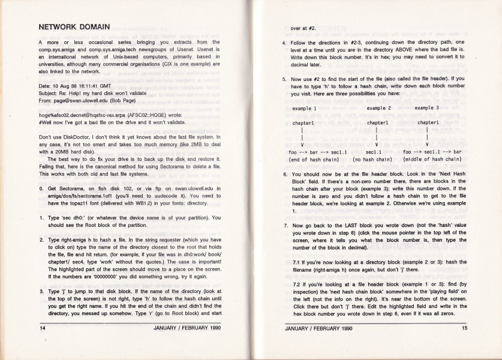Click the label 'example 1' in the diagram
coord(305,109)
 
